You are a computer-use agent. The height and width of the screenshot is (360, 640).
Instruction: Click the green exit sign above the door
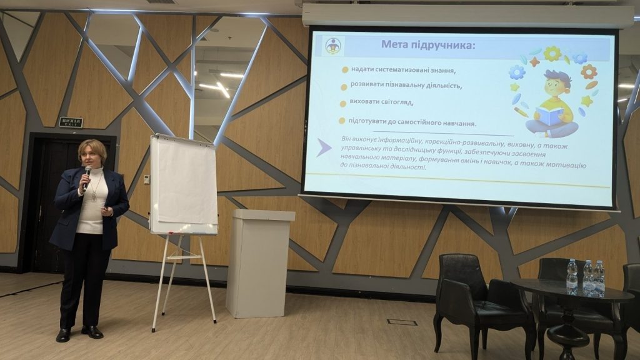point(71,122)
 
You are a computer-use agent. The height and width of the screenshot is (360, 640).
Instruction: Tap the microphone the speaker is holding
point(86,178)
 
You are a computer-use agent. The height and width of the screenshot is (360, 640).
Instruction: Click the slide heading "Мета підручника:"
point(428,44)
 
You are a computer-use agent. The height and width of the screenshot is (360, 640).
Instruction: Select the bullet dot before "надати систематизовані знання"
point(345,70)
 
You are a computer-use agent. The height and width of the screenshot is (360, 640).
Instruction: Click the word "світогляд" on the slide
point(397,102)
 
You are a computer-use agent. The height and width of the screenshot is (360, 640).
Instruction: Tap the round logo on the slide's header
point(333,46)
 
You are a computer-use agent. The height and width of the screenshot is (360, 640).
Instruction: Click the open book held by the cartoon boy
point(550,115)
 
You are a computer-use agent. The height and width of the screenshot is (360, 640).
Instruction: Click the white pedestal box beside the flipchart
point(259,263)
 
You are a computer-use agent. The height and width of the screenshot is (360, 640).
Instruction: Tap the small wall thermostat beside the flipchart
point(146,179)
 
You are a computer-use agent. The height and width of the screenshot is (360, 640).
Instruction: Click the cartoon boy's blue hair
point(558,76)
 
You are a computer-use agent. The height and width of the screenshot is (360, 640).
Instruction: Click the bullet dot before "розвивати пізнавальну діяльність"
point(344,87)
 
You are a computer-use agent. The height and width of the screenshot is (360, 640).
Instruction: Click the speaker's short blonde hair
point(92,148)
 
